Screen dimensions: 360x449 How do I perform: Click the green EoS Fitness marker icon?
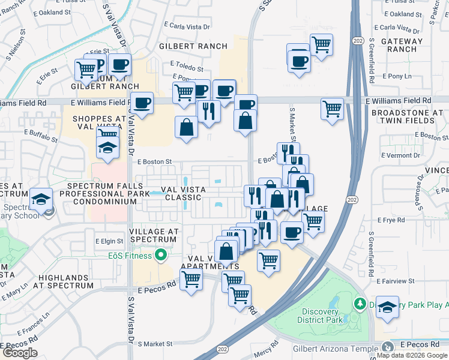tap(160, 256)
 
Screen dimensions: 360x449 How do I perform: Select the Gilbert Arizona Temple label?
tap(336, 348)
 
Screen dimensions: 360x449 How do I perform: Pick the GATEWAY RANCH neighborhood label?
tap(405, 45)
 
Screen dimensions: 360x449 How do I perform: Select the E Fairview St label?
tap(396, 281)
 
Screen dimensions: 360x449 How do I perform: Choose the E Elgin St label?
tap(109, 241)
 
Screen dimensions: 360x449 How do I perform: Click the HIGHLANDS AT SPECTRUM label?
tap(65, 281)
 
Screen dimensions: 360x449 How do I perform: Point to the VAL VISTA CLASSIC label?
tap(175, 193)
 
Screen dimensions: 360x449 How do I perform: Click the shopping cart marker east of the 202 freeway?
tap(332, 109)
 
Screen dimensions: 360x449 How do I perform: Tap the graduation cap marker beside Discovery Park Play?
tap(387, 307)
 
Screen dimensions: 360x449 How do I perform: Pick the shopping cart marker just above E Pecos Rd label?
tap(191, 278)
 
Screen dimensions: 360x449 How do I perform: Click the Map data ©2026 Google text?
tap(412, 355)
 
